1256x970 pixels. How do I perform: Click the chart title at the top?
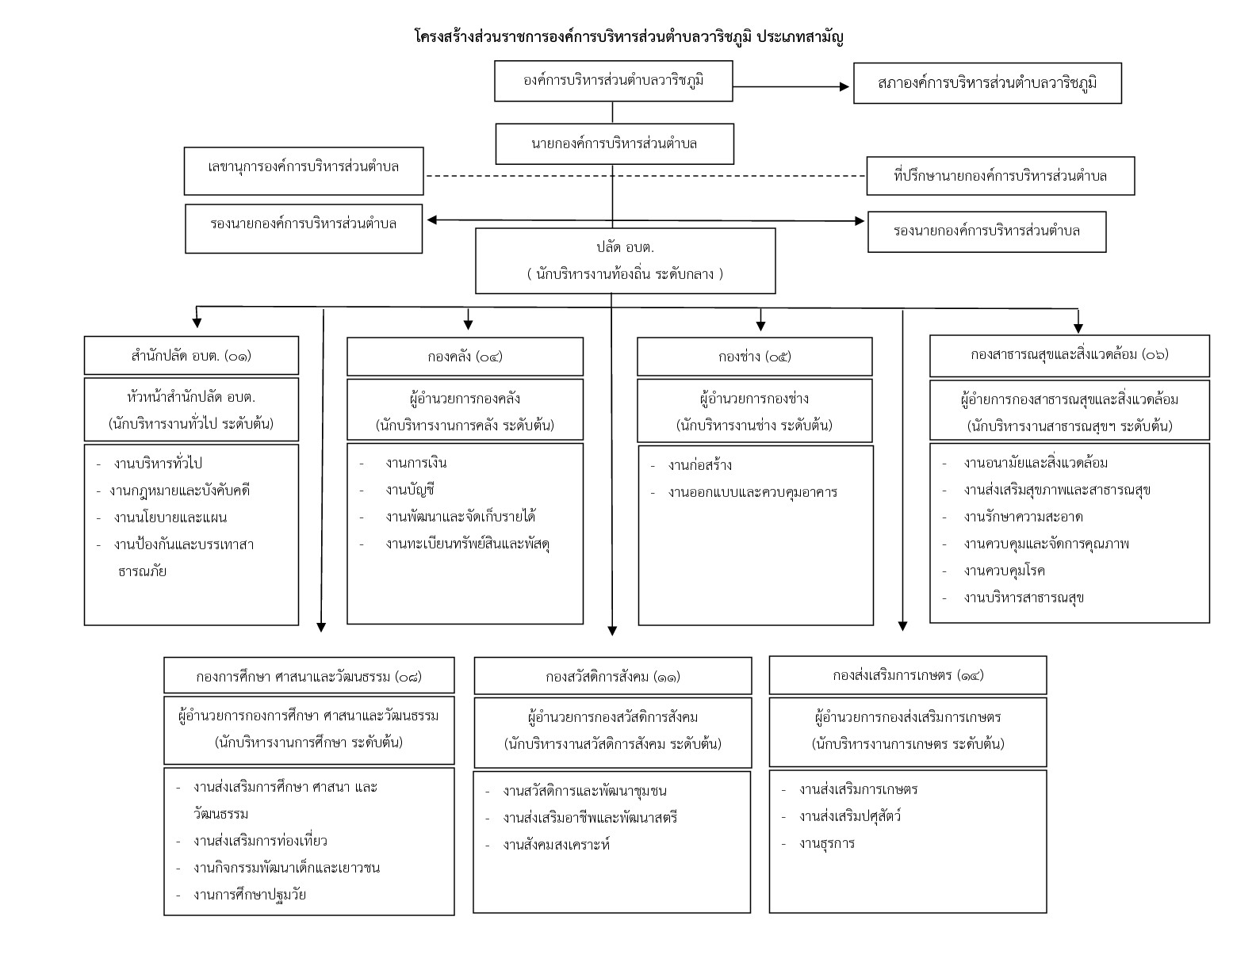pos(629,37)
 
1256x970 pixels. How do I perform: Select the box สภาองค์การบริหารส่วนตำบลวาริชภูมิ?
pos(987,83)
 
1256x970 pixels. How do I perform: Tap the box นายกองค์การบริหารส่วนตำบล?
pos(615,144)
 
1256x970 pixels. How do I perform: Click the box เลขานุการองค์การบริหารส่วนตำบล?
pos(304,171)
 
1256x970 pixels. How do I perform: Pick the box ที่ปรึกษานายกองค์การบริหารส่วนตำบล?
pos(1001,176)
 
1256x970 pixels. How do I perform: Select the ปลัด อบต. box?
pos(626,261)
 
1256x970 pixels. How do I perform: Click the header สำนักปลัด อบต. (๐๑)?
pos(191,356)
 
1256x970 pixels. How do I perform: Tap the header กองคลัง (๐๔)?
pos(465,357)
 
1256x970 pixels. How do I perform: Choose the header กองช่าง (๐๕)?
pos(754,357)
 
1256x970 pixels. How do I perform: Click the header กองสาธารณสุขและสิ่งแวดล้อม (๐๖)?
pos(1070,355)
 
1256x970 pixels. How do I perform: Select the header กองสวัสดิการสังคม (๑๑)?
pos(613,676)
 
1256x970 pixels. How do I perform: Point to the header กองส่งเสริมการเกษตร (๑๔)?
pos(907,674)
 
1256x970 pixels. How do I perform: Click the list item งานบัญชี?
pos(410,490)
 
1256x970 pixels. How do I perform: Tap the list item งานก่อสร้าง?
pos(699,465)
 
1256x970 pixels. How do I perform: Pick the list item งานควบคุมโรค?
pos(1004,571)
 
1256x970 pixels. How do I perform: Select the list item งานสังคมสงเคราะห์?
pos(556,845)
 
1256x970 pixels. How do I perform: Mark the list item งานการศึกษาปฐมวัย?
pos(250,895)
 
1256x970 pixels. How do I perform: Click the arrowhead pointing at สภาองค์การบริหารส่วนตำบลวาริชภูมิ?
pos(844,86)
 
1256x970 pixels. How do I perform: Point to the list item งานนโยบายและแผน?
pos(170,517)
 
